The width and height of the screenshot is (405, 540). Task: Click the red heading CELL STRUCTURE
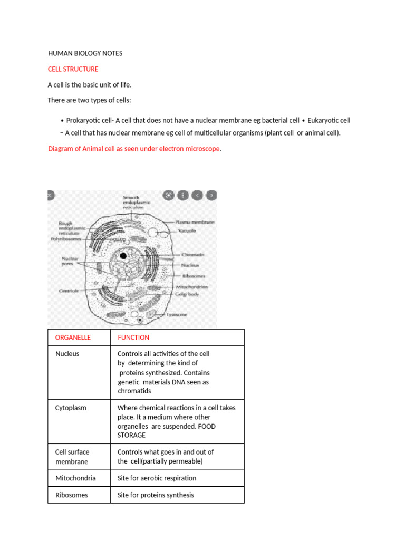(x=73, y=69)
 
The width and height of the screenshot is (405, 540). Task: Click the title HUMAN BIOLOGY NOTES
(x=85, y=54)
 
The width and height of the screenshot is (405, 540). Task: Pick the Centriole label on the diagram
(x=69, y=290)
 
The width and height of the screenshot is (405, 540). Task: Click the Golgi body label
(x=186, y=294)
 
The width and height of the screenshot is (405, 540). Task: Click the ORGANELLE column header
(x=73, y=337)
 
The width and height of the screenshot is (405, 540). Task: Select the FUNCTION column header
(x=133, y=337)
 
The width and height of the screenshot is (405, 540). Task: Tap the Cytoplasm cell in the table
(x=71, y=408)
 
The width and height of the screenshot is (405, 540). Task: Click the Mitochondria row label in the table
(x=75, y=478)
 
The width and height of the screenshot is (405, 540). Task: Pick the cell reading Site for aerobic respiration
(x=157, y=478)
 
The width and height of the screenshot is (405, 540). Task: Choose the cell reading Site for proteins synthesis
(x=156, y=495)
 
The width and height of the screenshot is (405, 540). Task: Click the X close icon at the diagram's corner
(x=50, y=195)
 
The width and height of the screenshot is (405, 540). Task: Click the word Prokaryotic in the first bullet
(x=84, y=120)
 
